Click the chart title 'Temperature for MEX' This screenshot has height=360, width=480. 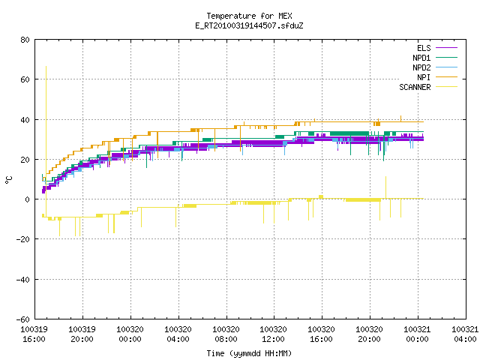249,16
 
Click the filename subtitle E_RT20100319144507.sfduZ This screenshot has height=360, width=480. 249,25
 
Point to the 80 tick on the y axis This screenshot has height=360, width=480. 25,40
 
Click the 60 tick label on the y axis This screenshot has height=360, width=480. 25,79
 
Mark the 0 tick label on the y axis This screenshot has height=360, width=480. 28,199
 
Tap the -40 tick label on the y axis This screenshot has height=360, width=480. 23,280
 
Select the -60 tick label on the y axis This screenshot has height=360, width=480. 23,319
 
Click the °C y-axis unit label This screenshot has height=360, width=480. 8,180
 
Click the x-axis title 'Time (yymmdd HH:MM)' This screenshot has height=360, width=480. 249,353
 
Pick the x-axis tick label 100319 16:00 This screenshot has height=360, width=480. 34,334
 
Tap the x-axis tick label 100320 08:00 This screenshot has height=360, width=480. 226,334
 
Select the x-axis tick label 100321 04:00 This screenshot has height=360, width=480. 465,334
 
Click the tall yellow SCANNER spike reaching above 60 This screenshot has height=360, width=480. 46,122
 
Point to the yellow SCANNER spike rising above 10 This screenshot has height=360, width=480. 385,187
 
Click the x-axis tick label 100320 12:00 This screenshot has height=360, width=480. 273,334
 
